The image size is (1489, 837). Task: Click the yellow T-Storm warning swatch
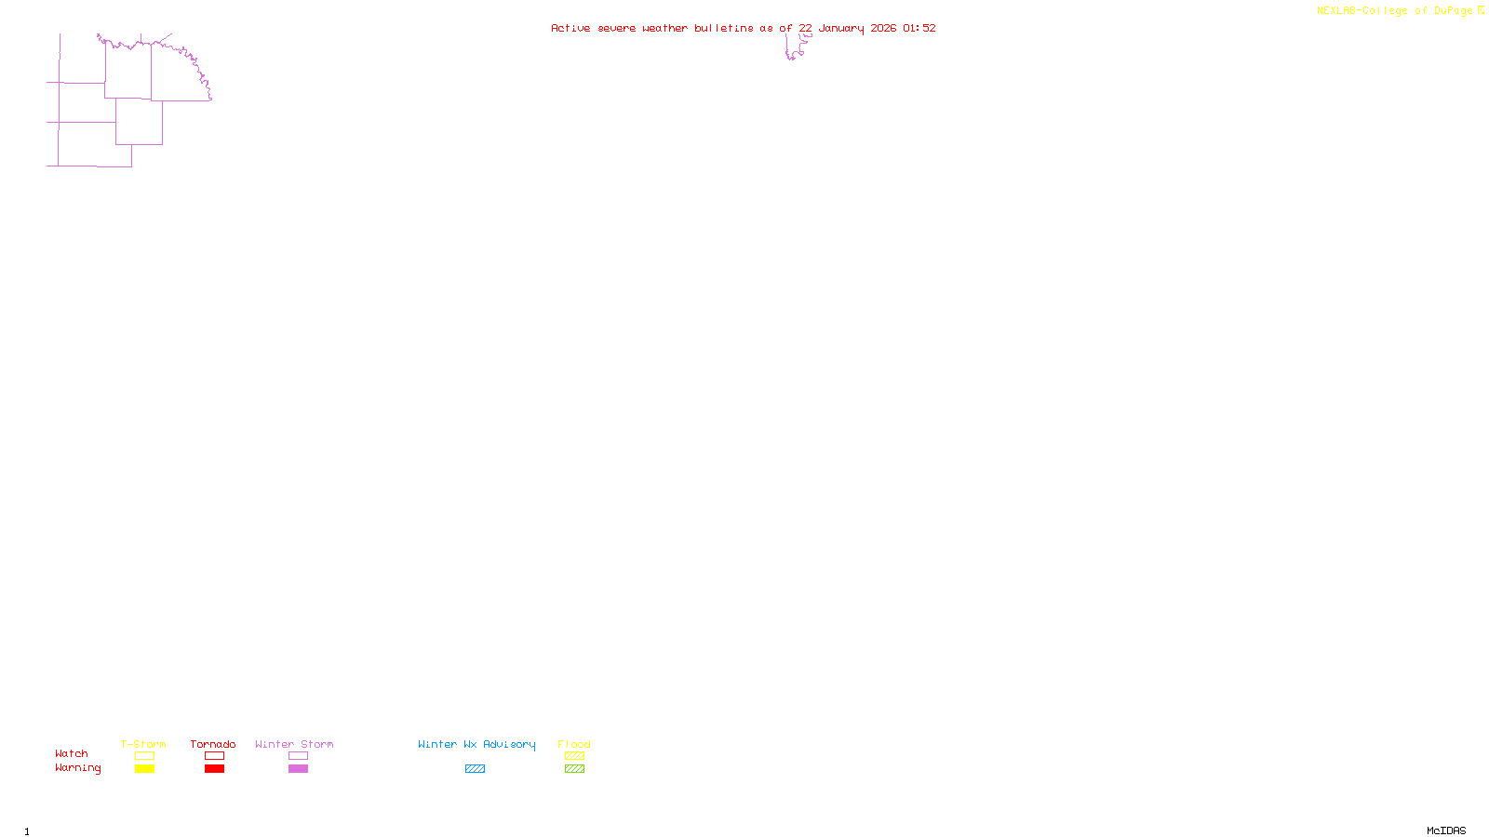tap(144, 769)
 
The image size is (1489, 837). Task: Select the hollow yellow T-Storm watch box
tap(144, 756)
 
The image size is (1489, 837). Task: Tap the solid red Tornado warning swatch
tap(214, 769)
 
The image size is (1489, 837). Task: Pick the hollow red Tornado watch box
tap(214, 756)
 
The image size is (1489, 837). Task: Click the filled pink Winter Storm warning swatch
tap(298, 769)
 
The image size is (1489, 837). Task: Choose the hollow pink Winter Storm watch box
tap(298, 756)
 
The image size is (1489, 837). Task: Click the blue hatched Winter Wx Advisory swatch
tap(475, 769)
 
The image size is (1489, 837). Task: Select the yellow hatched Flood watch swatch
tap(574, 756)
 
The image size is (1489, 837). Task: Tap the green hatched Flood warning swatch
tap(574, 769)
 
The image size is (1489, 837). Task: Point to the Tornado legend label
tap(213, 744)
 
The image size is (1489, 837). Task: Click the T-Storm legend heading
tap(143, 744)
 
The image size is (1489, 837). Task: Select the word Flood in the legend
tap(574, 744)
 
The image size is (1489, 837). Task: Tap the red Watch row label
tap(72, 754)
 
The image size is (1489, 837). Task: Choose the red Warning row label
tap(78, 768)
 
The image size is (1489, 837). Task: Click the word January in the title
tap(841, 29)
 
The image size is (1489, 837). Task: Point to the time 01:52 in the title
tap(919, 29)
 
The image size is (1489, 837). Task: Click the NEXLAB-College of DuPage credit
tap(1395, 11)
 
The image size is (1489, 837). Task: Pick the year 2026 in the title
tap(883, 29)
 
